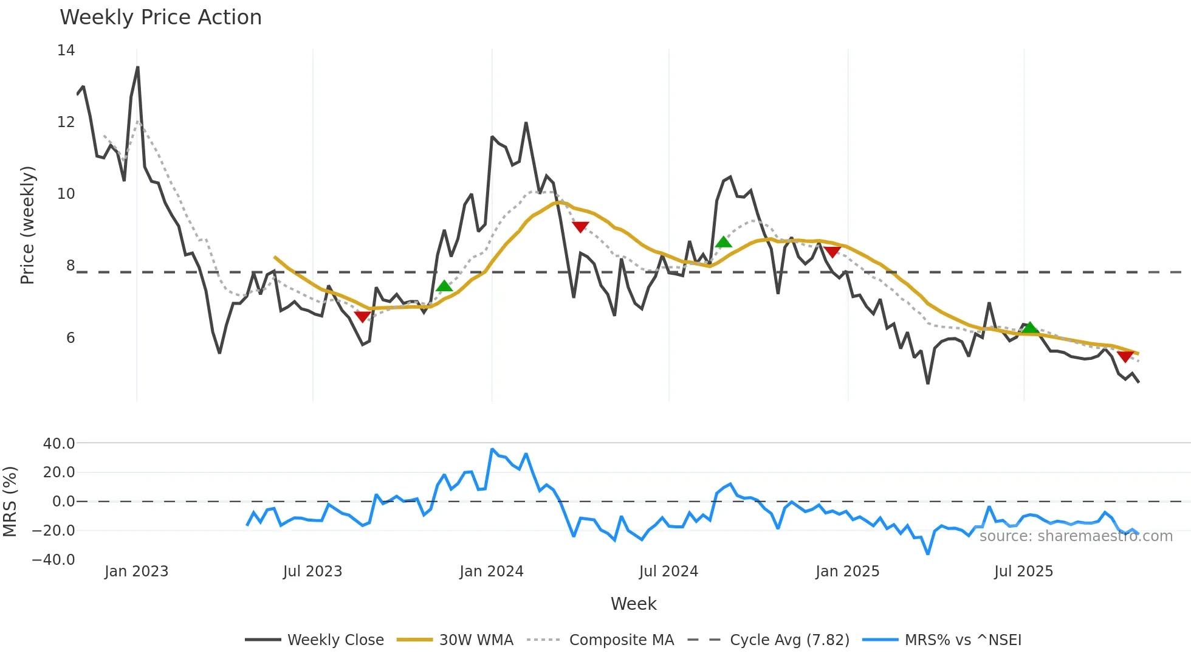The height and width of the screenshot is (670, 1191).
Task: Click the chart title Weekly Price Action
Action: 160,18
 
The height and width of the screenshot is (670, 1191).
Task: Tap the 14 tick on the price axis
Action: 66,50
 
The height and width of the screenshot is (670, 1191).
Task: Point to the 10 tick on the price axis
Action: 66,194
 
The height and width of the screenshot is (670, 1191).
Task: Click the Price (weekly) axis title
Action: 27,225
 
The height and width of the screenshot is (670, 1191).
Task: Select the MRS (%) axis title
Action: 10,502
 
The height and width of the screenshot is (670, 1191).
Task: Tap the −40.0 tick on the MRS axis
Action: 53,559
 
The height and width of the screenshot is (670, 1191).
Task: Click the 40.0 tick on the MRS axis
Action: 59,444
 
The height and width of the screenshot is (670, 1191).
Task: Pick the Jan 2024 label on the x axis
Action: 491,572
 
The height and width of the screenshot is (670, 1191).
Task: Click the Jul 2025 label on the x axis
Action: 1023,572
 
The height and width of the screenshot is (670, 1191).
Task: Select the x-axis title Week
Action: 633,604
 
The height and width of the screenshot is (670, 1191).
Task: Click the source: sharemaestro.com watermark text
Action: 1076,536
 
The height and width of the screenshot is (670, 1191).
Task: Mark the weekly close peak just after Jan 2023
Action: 138,67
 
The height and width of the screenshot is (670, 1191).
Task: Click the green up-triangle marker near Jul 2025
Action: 1030,328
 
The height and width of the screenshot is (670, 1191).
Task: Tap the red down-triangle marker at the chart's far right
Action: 1125,357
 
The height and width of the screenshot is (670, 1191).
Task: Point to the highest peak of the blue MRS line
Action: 492,449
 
